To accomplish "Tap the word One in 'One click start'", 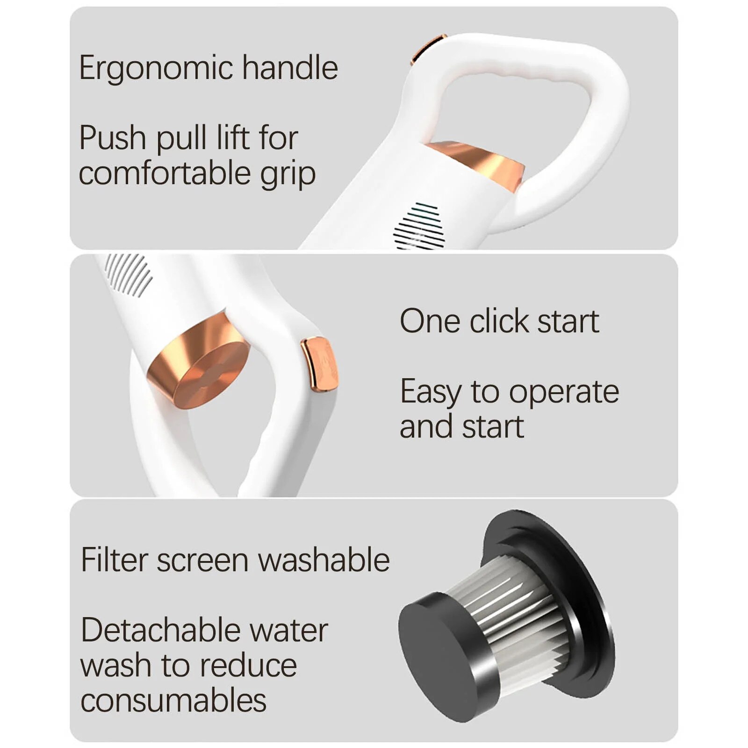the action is tap(430, 321).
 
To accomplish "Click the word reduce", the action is tap(248, 666).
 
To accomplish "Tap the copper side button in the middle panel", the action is tap(319, 364).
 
